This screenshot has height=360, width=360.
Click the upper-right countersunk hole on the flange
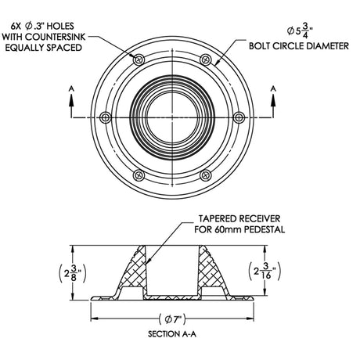pyautogui.click(x=207, y=59)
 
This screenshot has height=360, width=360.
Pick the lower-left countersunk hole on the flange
pyautogui.click(x=139, y=175)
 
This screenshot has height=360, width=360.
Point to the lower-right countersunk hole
pyautogui.click(x=207, y=175)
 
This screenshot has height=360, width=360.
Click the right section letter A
pyautogui.click(x=274, y=90)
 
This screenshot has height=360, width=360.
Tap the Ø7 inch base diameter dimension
pyautogui.click(x=173, y=319)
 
